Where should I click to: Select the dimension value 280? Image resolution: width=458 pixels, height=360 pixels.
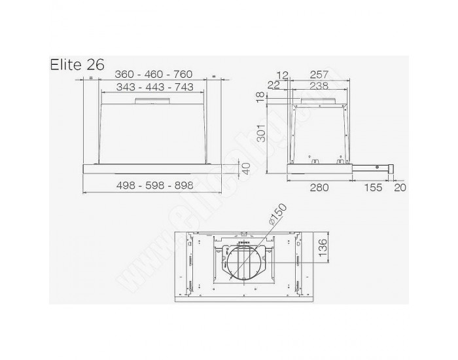coord(319,187)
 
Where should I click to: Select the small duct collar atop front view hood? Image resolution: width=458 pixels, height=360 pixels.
coord(152,101)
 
